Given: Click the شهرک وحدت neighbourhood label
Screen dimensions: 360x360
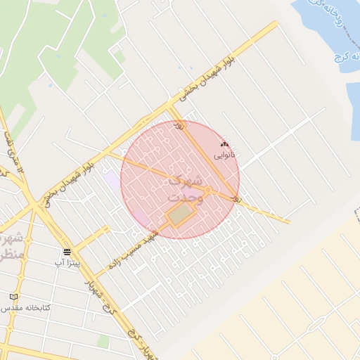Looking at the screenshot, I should point(186,188).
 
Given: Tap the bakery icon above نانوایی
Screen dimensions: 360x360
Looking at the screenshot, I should point(225,142).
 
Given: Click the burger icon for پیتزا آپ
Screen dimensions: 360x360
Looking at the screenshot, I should point(67,251).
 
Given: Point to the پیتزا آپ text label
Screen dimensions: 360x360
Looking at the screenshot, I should point(68,262).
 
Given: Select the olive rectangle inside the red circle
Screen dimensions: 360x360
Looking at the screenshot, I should point(180,214).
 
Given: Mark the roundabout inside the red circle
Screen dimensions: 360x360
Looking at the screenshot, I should point(208,189).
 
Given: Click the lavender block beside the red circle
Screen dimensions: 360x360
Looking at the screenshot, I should point(112,179).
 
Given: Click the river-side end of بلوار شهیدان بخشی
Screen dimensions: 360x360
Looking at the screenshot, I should point(274,25).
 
